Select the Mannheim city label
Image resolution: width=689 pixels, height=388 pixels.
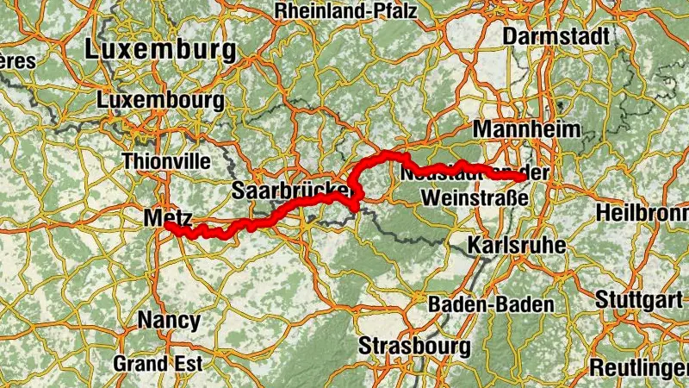click(523, 129)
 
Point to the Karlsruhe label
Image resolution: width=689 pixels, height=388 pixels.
click(517, 245)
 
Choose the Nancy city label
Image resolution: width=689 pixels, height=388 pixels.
click(169, 321)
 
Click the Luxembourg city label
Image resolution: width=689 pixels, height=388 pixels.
click(161, 100)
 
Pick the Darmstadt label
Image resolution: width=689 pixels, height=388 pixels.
click(556, 36)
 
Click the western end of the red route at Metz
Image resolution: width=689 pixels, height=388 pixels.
click(171, 229)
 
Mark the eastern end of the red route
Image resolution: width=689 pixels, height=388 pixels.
click(519, 176)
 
